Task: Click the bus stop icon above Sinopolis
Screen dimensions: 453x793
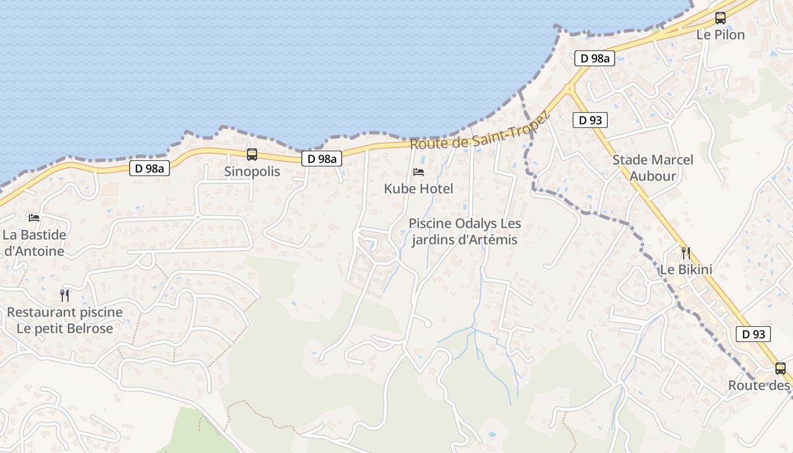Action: click(252, 154)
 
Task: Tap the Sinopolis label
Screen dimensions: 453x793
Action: click(252, 171)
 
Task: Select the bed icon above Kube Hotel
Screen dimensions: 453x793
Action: click(419, 172)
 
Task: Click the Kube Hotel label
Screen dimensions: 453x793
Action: click(419, 189)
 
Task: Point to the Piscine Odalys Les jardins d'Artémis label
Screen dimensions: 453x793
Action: click(464, 232)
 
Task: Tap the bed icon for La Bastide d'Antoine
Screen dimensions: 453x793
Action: click(34, 217)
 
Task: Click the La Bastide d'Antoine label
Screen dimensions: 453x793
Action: click(35, 242)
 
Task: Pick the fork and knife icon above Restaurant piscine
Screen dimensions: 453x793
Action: click(65, 295)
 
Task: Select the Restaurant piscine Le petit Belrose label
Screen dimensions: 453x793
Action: click(65, 320)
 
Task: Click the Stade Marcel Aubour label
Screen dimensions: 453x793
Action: click(653, 168)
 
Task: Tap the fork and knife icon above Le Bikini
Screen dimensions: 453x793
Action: click(685, 253)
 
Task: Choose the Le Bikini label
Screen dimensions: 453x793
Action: click(686, 269)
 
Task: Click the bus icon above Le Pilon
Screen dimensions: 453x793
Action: click(720, 18)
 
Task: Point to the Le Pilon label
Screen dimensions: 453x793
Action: click(720, 35)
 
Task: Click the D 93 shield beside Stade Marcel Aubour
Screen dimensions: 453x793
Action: click(590, 120)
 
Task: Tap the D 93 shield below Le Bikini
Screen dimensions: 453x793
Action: click(753, 334)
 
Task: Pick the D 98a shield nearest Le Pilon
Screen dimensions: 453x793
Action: click(594, 58)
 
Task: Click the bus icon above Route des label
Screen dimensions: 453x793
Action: click(780, 369)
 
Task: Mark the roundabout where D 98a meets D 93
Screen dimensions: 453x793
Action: click(569, 88)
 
